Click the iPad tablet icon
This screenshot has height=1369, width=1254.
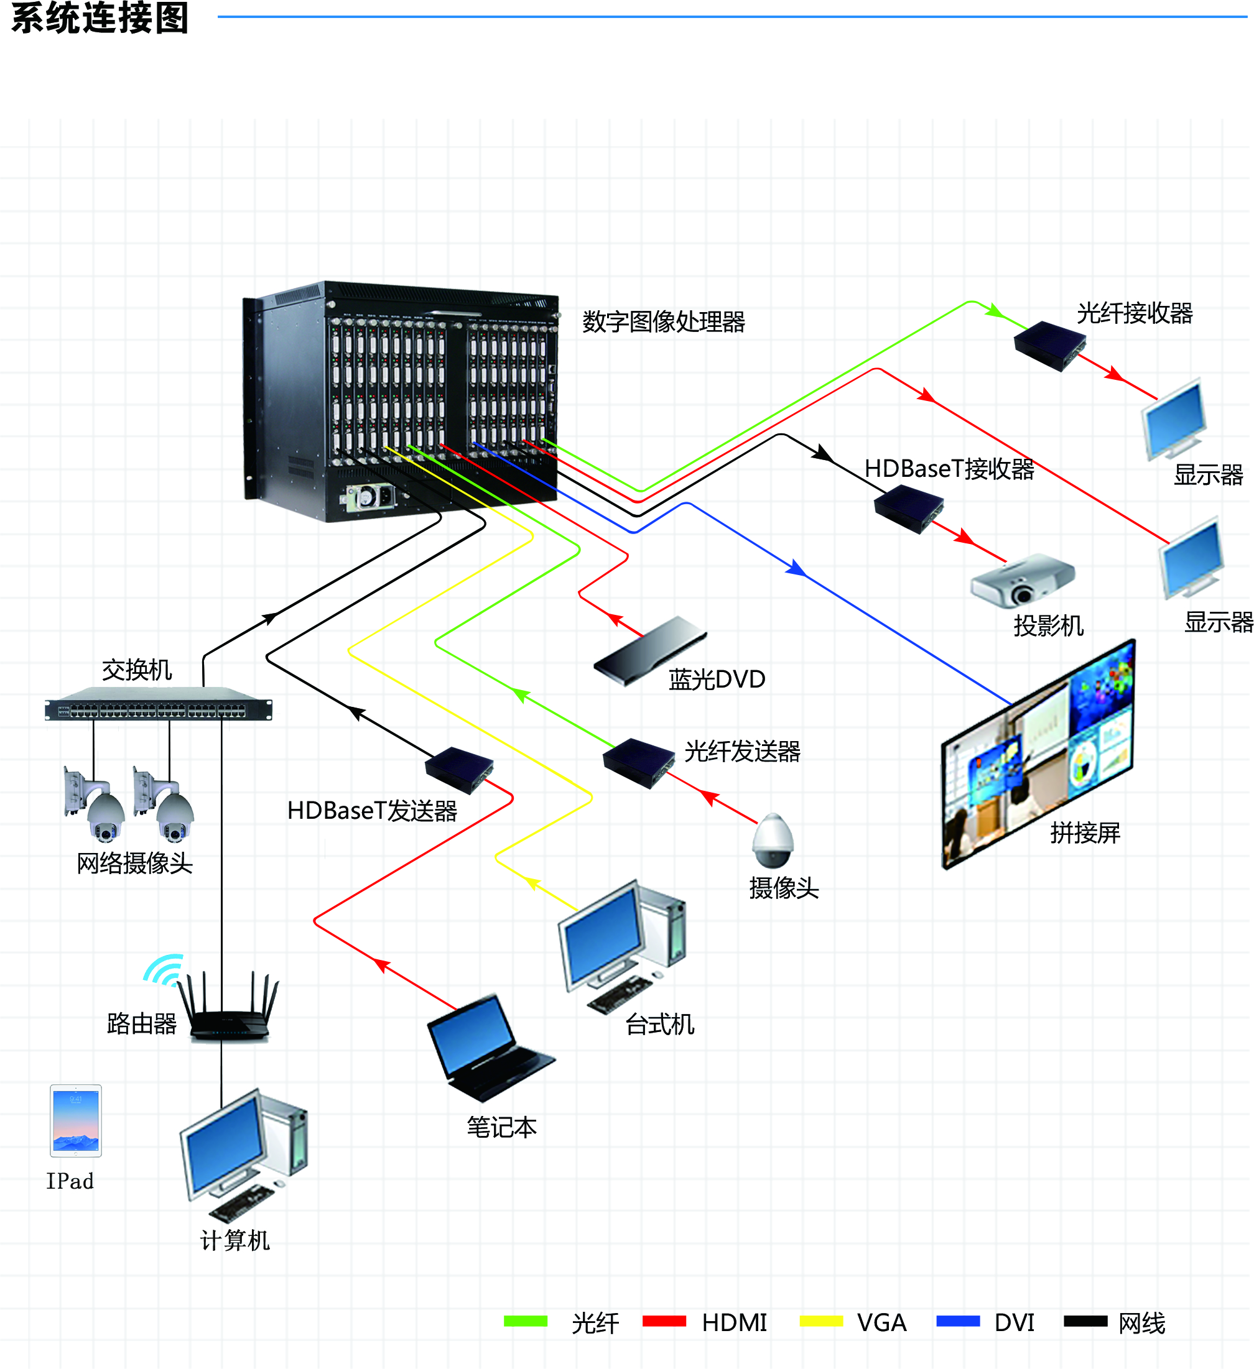[x=75, y=1120]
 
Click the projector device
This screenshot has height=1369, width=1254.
[x=1022, y=581]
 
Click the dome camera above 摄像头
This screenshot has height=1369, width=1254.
[x=773, y=841]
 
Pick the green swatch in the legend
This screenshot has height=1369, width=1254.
[x=525, y=1321]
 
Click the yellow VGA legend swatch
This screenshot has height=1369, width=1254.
[x=820, y=1321]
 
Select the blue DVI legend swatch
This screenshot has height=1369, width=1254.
[x=957, y=1321]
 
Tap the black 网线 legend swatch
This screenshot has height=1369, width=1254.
[x=1085, y=1321]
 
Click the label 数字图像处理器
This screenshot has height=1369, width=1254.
[x=663, y=322]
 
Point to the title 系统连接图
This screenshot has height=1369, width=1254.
[x=100, y=17]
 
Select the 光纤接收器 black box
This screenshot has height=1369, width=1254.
[x=1049, y=346]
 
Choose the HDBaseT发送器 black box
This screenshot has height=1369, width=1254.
[x=459, y=770]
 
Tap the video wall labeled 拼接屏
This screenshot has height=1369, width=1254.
[x=1038, y=754]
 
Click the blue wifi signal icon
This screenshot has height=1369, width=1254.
[x=163, y=970]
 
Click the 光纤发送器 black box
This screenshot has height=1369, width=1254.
[x=638, y=763]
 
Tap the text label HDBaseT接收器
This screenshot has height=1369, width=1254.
[x=949, y=469]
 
